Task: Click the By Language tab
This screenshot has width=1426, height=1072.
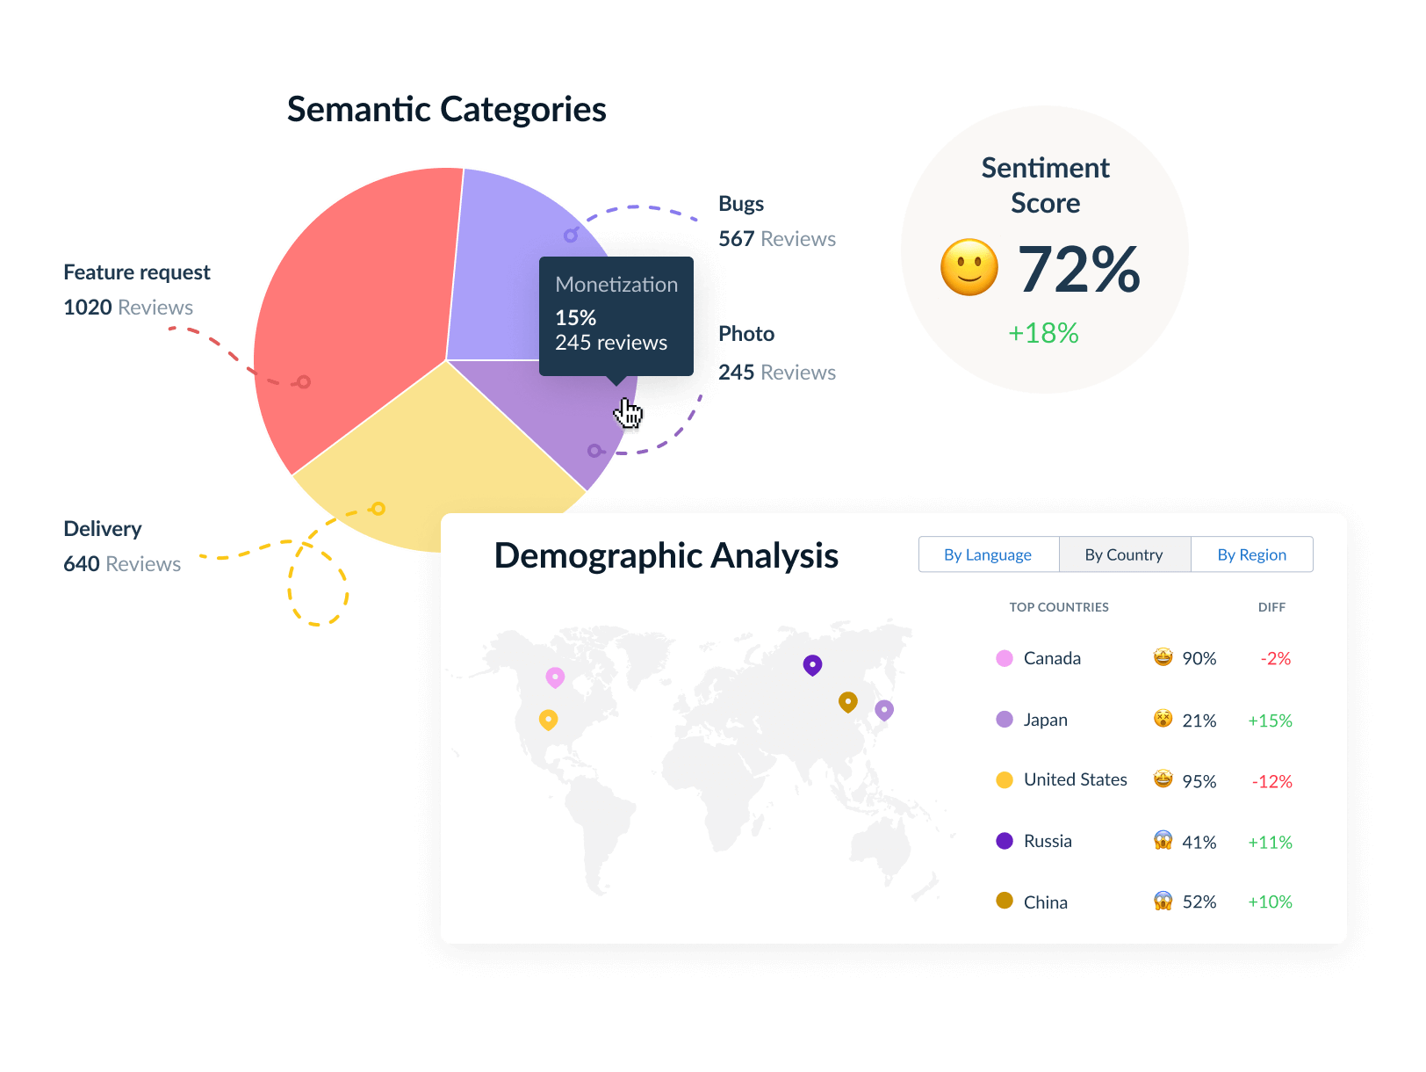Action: (988, 554)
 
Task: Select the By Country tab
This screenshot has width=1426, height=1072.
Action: (1124, 554)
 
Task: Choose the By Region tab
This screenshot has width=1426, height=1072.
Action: (1251, 554)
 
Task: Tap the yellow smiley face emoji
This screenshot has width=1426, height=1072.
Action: (969, 267)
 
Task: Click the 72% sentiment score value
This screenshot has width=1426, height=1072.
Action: (1078, 269)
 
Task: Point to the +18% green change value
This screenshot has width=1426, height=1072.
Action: (1043, 333)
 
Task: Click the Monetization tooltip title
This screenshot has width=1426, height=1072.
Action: (616, 285)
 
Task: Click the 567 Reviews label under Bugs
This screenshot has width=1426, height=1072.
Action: (777, 239)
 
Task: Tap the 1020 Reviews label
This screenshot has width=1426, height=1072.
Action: (128, 308)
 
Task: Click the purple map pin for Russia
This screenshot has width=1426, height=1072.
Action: (812, 664)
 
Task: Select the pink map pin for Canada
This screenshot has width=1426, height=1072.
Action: (555, 677)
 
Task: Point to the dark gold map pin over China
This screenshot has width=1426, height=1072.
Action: (847, 701)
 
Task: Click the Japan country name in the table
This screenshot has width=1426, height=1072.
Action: (1046, 720)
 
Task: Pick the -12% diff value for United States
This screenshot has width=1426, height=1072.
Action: (1271, 781)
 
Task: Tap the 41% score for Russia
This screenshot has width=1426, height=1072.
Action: (1199, 842)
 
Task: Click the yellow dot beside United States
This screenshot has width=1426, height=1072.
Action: (1005, 780)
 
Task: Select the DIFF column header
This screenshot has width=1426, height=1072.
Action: (1271, 607)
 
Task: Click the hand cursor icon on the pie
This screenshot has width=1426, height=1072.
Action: (629, 414)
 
